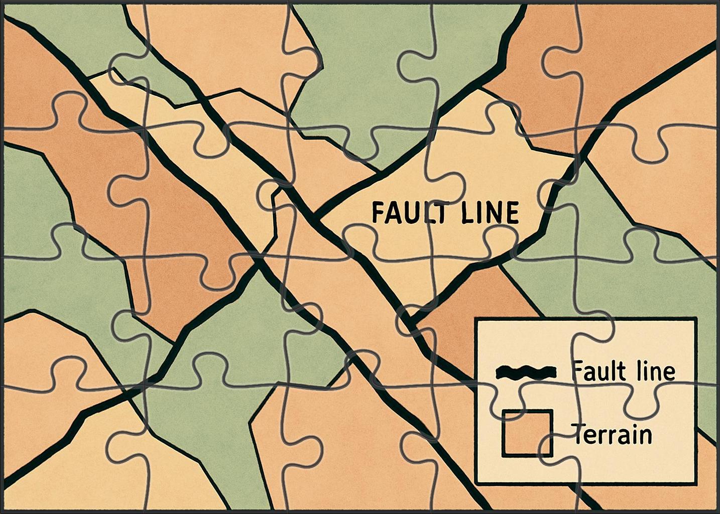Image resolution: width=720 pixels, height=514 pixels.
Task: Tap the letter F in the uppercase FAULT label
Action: pyautogui.click(x=377, y=213)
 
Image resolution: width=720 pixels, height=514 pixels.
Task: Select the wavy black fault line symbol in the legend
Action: pyautogui.click(x=526, y=372)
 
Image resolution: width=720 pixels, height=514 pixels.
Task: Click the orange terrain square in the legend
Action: pyautogui.click(x=527, y=433)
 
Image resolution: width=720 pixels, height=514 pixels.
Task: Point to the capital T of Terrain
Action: pyautogui.click(x=577, y=434)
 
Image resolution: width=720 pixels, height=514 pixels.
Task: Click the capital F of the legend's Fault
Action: pyautogui.click(x=576, y=371)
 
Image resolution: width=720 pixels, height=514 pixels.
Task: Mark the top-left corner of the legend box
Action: pyautogui.click(x=476, y=319)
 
